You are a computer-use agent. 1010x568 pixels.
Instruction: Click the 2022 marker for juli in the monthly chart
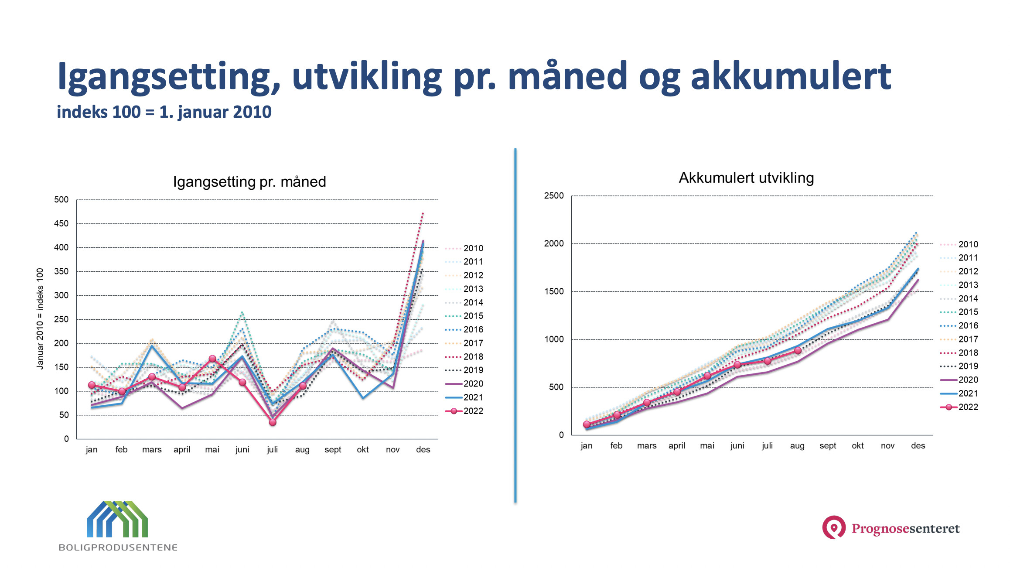coord(273,422)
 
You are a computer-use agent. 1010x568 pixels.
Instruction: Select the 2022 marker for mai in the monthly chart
coord(212,359)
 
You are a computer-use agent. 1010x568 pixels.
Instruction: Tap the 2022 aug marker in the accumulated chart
coord(798,350)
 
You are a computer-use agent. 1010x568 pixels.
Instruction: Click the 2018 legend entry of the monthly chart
coord(464,357)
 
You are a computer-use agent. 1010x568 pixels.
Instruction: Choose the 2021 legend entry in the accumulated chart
coord(959,393)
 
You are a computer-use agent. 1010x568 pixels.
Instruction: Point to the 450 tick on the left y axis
coord(61,223)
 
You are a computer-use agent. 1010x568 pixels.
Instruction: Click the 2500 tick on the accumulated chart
coord(554,195)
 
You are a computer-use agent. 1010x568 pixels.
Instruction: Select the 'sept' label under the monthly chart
coord(333,450)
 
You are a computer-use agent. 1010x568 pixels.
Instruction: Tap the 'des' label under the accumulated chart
coord(918,445)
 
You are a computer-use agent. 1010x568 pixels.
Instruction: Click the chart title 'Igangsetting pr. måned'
coord(249,181)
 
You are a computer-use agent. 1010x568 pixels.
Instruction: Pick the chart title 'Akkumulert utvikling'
coord(746,178)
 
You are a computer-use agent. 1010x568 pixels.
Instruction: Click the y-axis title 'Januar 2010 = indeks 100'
coord(40,319)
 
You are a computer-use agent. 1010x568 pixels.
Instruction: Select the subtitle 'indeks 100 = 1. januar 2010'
coord(164,112)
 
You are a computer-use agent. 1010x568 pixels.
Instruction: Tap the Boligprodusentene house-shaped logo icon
coord(118,519)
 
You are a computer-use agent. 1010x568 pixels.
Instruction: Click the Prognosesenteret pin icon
coord(834,527)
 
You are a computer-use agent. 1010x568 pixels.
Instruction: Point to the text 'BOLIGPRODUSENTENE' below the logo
coord(118,547)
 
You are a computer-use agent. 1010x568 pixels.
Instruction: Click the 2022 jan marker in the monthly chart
coord(92,385)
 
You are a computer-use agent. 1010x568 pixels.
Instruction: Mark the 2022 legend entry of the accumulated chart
coord(959,407)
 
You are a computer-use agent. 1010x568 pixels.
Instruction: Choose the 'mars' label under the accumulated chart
coord(647,445)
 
